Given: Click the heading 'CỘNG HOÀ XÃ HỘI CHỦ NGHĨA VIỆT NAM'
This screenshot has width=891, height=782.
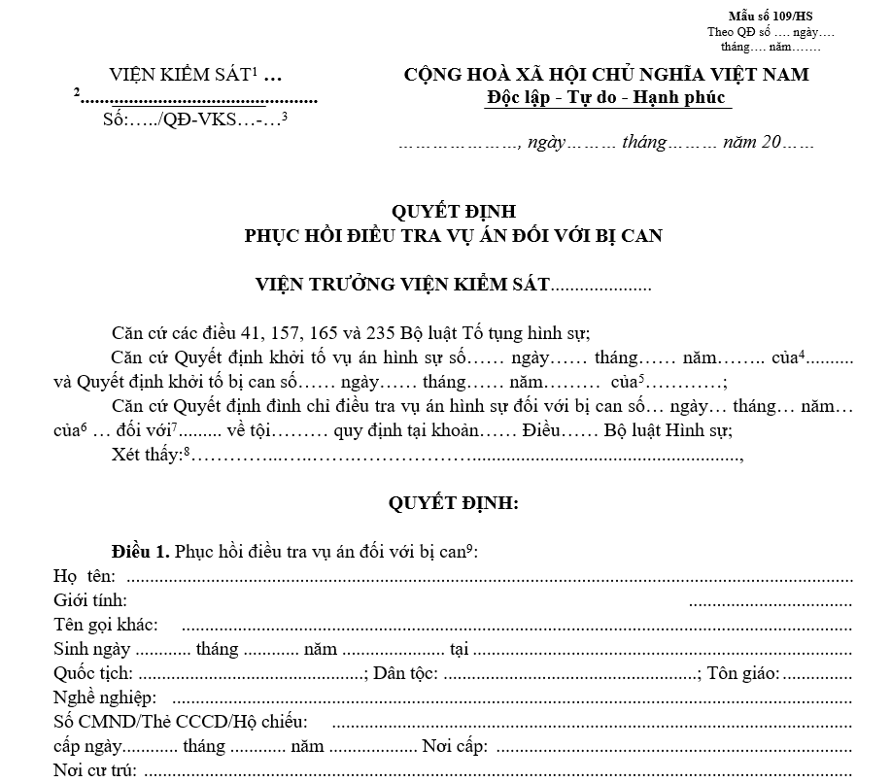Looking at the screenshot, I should pos(606,75).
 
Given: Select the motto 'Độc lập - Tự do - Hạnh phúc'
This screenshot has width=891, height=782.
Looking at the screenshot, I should pos(606,97).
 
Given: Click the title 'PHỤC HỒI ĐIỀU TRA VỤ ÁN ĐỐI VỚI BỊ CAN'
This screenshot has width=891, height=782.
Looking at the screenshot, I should pos(454,235).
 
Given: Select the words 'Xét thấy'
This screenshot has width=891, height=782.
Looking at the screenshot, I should pos(146,456).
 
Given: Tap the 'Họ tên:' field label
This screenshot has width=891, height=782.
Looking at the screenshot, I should pos(85,576).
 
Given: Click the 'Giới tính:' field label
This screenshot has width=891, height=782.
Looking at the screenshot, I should pos(90,600).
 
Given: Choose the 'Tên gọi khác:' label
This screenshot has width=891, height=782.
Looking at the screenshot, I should pos(106,625).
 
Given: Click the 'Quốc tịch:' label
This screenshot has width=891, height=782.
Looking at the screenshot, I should pos(94,673).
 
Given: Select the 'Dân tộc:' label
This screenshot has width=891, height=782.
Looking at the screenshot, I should pos(405,673).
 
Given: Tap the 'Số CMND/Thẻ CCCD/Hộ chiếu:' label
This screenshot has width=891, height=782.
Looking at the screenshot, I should pos(181,722).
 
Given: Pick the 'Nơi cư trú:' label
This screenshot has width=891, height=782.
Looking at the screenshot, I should pos(94,771).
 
